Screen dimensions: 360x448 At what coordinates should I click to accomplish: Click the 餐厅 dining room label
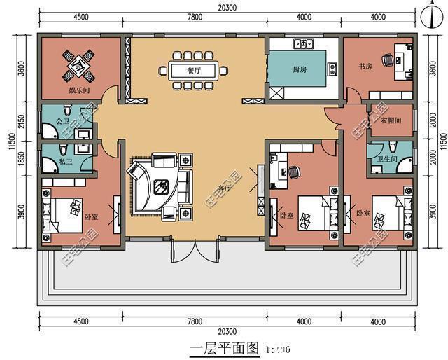click(x=194, y=71)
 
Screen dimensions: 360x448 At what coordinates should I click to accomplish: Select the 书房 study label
click(x=365, y=67)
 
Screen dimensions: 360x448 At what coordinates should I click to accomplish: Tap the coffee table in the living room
click(x=162, y=186)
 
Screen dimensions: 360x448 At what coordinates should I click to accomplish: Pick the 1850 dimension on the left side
click(x=22, y=158)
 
